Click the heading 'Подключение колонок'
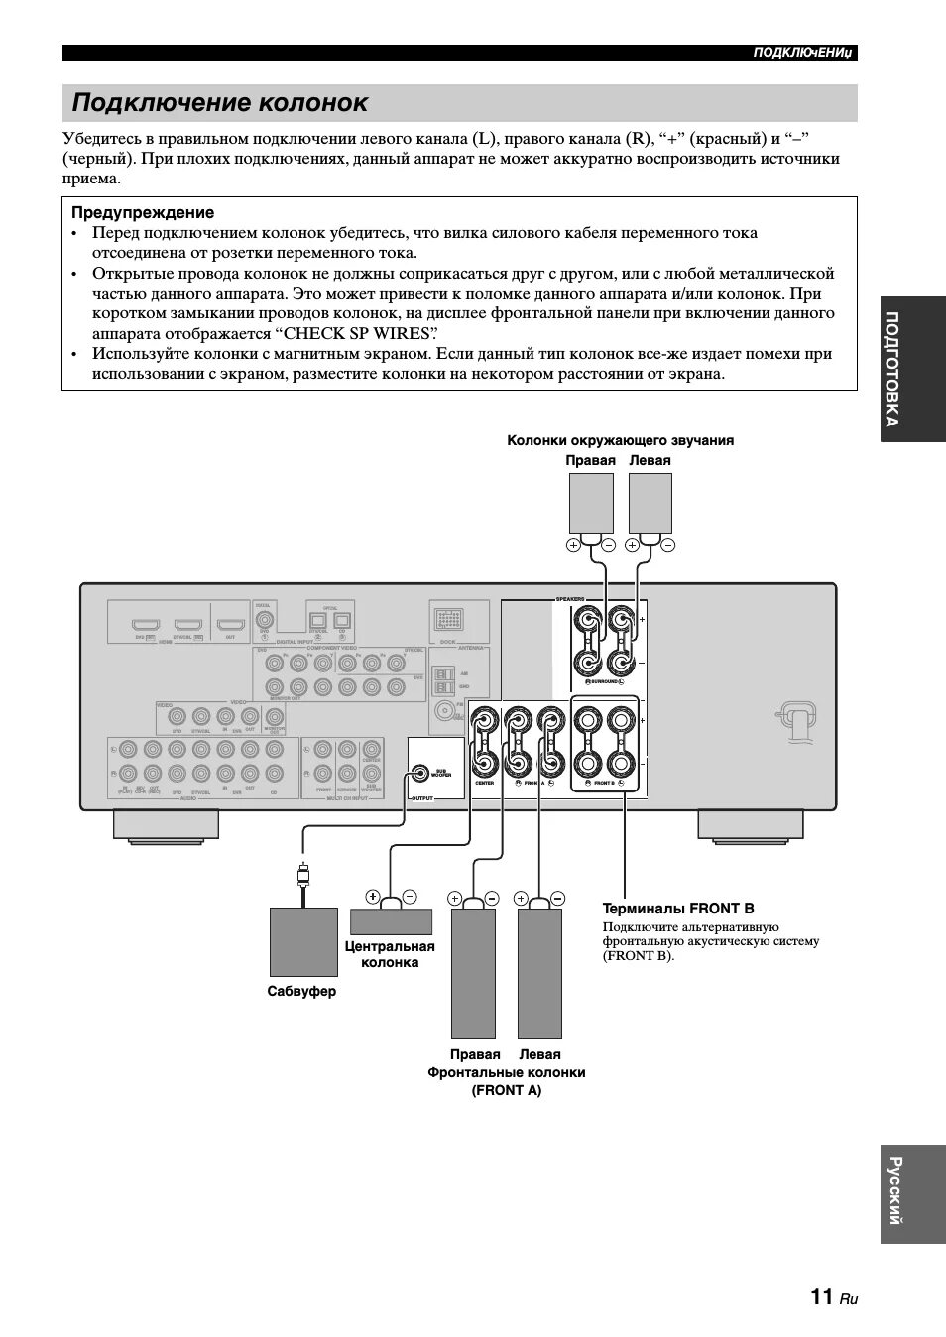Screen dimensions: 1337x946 click(220, 103)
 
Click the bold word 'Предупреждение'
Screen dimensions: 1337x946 click(143, 212)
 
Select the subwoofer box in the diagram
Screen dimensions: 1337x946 click(303, 941)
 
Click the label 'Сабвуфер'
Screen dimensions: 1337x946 click(301, 991)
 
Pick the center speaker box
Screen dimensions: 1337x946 click(391, 920)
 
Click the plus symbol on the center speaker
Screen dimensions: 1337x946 click(372, 897)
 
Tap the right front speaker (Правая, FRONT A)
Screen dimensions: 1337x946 click(473, 973)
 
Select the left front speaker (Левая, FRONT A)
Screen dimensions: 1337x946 click(539, 973)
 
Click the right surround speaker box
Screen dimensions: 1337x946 click(591, 503)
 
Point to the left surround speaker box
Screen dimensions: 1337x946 click(650, 503)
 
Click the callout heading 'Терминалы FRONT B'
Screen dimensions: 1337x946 click(678, 908)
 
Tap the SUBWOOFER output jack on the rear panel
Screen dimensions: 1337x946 click(420, 772)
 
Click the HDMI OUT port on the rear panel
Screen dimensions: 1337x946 click(230, 626)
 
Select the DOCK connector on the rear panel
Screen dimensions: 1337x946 click(447, 622)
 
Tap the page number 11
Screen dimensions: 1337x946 click(821, 1296)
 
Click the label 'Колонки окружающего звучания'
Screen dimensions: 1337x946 click(620, 440)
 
